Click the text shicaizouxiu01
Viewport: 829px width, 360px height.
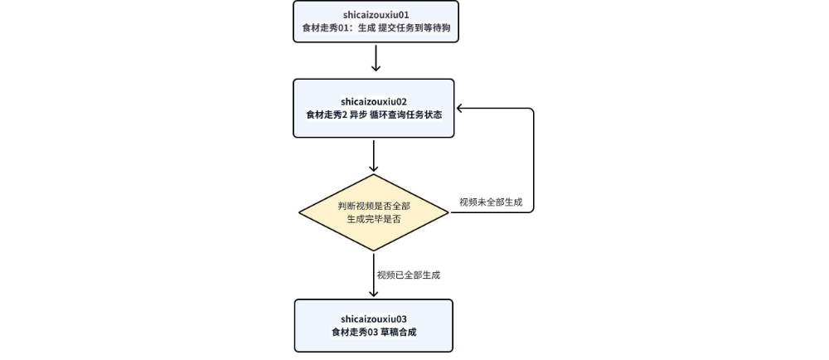point(375,15)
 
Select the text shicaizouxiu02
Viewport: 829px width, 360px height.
point(375,101)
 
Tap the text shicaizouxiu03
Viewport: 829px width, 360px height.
point(374,319)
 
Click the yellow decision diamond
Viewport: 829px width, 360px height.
point(375,212)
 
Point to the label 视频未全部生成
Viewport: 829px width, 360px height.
point(491,202)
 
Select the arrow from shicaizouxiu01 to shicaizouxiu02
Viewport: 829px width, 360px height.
point(375,58)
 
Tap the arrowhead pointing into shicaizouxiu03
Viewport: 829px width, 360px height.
point(375,294)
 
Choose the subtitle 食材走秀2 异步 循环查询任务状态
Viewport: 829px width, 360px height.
point(375,115)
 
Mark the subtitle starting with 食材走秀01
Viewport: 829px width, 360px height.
point(375,30)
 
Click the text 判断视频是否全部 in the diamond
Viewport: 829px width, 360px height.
point(375,205)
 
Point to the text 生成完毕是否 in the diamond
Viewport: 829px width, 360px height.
point(375,220)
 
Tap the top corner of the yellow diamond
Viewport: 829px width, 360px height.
point(375,174)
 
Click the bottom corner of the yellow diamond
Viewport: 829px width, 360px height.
point(375,251)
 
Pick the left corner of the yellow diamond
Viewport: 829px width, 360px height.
point(300,212)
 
